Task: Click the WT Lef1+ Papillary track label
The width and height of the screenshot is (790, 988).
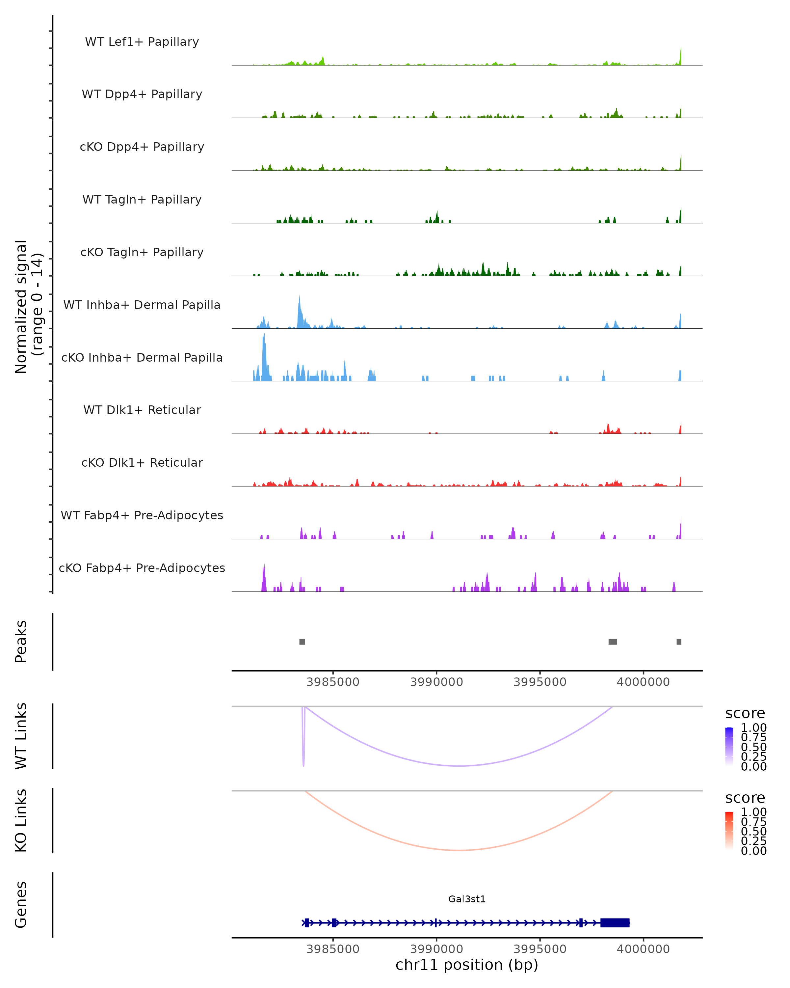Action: [142, 42]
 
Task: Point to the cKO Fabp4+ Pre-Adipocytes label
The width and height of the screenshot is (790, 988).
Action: [142, 568]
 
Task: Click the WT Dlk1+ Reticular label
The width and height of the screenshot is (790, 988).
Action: [142, 410]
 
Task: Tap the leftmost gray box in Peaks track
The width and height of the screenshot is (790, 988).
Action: [302, 642]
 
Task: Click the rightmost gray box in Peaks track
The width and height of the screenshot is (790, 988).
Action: [679, 642]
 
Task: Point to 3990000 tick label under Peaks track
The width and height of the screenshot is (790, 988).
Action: [436, 682]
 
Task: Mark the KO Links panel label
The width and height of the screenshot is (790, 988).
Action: [21, 820]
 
